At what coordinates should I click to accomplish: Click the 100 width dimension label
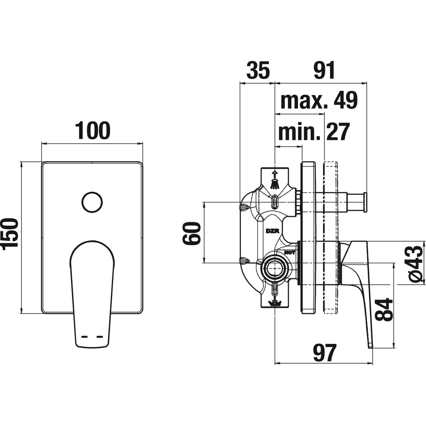(93, 130)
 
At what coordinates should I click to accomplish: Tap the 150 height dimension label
(9, 234)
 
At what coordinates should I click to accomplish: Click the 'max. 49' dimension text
(319, 100)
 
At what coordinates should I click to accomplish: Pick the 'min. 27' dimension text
(314, 132)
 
